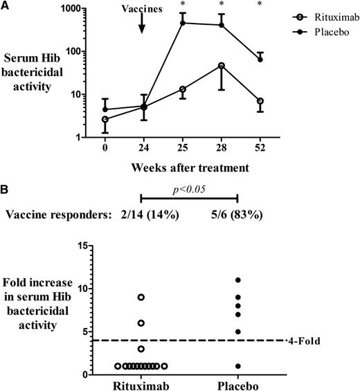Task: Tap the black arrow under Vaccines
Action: pos(143,24)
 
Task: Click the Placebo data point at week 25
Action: pos(183,23)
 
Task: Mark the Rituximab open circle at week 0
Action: pos(105,119)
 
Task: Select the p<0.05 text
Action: pos(189,188)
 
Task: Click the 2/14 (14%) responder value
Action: pos(145,215)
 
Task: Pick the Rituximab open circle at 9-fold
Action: pos(141,297)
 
